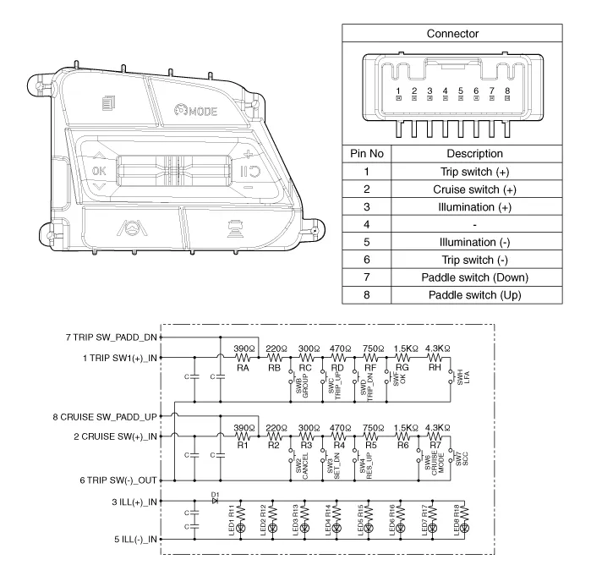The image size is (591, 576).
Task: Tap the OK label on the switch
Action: pyautogui.click(x=100, y=169)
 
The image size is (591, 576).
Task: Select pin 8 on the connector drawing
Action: pyautogui.click(x=507, y=91)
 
